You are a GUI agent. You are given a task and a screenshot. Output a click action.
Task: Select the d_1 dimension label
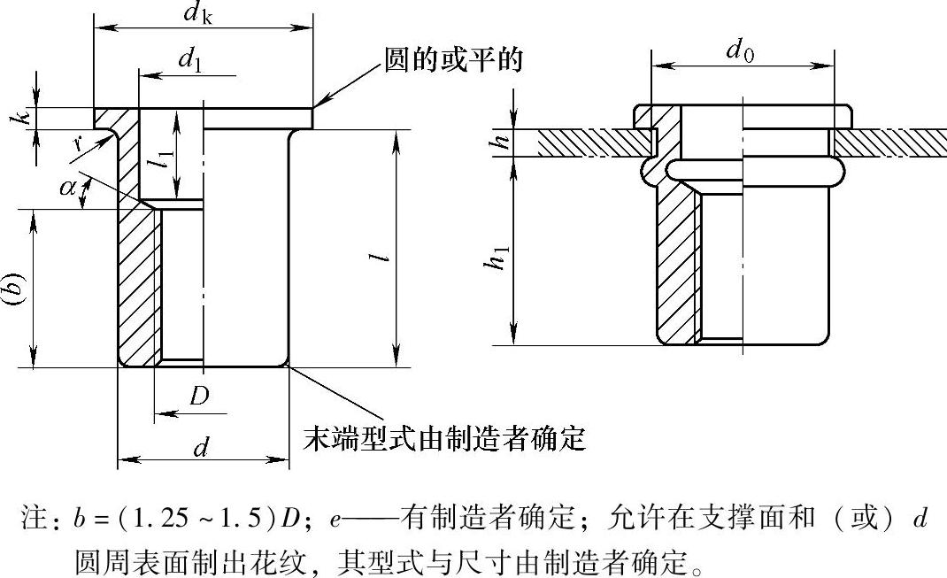tap(188, 59)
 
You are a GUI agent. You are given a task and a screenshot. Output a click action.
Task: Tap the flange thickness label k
tap(25, 117)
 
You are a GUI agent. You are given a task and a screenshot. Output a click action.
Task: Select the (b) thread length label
tap(15, 288)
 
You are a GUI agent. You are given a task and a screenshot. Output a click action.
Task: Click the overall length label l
tap(378, 257)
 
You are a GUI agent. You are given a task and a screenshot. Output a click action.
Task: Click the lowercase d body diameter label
tap(202, 447)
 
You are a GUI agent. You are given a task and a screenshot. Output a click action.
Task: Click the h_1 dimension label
tap(502, 257)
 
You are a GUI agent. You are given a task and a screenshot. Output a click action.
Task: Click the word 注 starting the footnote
tap(34, 520)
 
